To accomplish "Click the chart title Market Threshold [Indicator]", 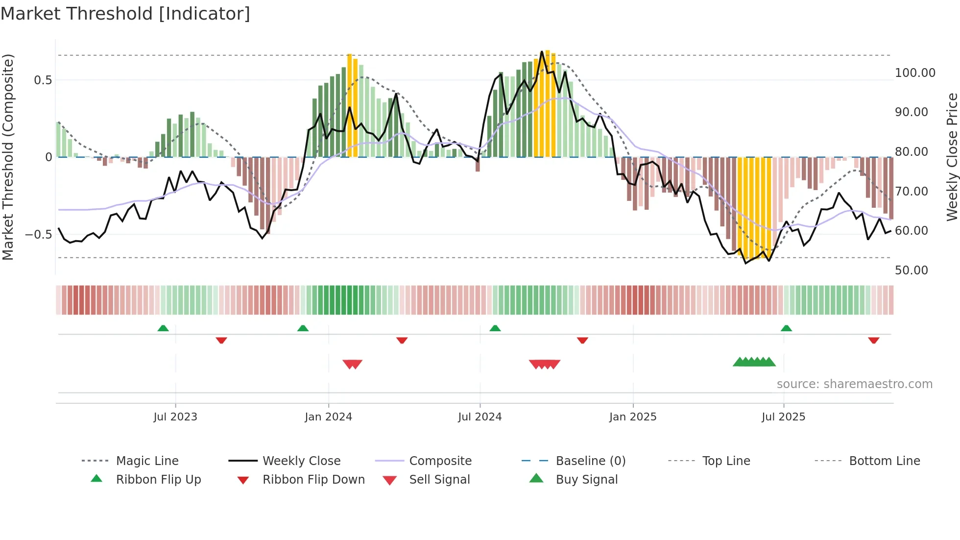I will click(125, 14).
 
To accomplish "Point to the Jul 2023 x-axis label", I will click(175, 417).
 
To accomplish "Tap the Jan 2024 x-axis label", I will click(328, 417).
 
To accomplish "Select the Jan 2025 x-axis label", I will click(633, 417).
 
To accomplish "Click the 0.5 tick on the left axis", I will click(43, 80).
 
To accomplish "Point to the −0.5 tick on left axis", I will click(39, 235).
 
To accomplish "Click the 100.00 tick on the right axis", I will click(914, 73).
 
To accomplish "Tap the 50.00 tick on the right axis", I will click(911, 270).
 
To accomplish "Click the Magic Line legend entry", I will click(147, 461).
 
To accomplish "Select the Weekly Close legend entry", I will click(301, 461).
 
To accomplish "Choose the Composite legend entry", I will click(440, 461).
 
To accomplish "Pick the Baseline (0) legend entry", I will click(591, 461).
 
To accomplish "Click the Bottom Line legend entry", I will click(884, 461).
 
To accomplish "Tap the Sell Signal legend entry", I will click(439, 480).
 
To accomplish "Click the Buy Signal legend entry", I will click(586, 480).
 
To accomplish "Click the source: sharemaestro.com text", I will click(854, 384).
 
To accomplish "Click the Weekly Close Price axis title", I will click(952, 157).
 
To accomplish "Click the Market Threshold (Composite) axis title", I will click(8, 157).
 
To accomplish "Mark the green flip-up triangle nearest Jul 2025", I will click(786, 328).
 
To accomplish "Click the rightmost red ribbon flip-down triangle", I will click(874, 340).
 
